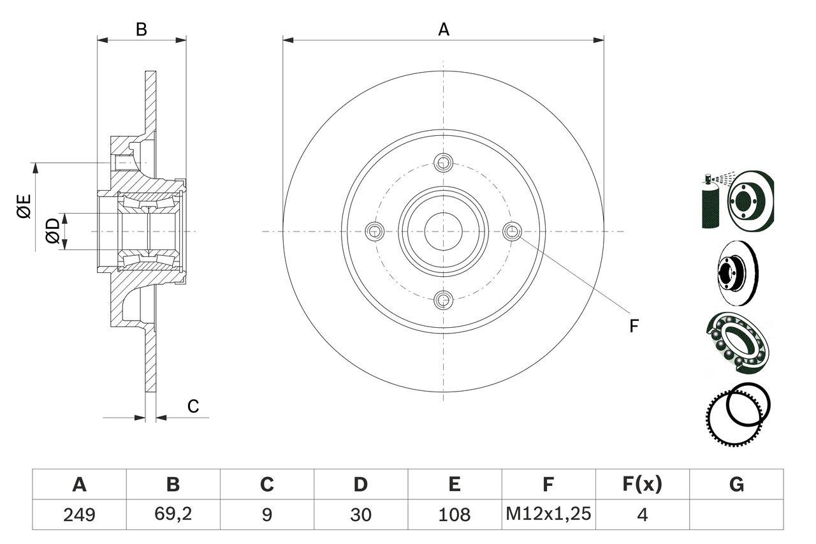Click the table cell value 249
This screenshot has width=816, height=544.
click(x=79, y=514)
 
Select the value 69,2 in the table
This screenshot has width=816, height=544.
click(x=173, y=514)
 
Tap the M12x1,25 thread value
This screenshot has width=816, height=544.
click(x=548, y=514)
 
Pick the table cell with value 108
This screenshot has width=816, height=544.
click(x=455, y=514)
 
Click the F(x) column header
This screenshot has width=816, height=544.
click(x=642, y=485)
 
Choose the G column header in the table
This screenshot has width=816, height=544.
click(x=736, y=485)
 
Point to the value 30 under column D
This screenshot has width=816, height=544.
click(x=360, y=514)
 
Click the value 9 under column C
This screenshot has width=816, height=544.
click(x=266, y=514)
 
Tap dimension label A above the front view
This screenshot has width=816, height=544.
click(x=443, y=29)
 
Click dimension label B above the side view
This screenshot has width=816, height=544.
click(x=142, y=29)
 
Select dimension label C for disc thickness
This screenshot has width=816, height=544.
click(x=193, y=406)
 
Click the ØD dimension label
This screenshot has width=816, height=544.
click(x=52, y=230)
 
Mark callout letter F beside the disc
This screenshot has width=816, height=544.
click(x=633, y=326)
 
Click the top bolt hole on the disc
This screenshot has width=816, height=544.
click(x=443, y=162)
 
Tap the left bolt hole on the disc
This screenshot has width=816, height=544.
click(x=375, y=231)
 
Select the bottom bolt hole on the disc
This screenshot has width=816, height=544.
click(x=443, y=298)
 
